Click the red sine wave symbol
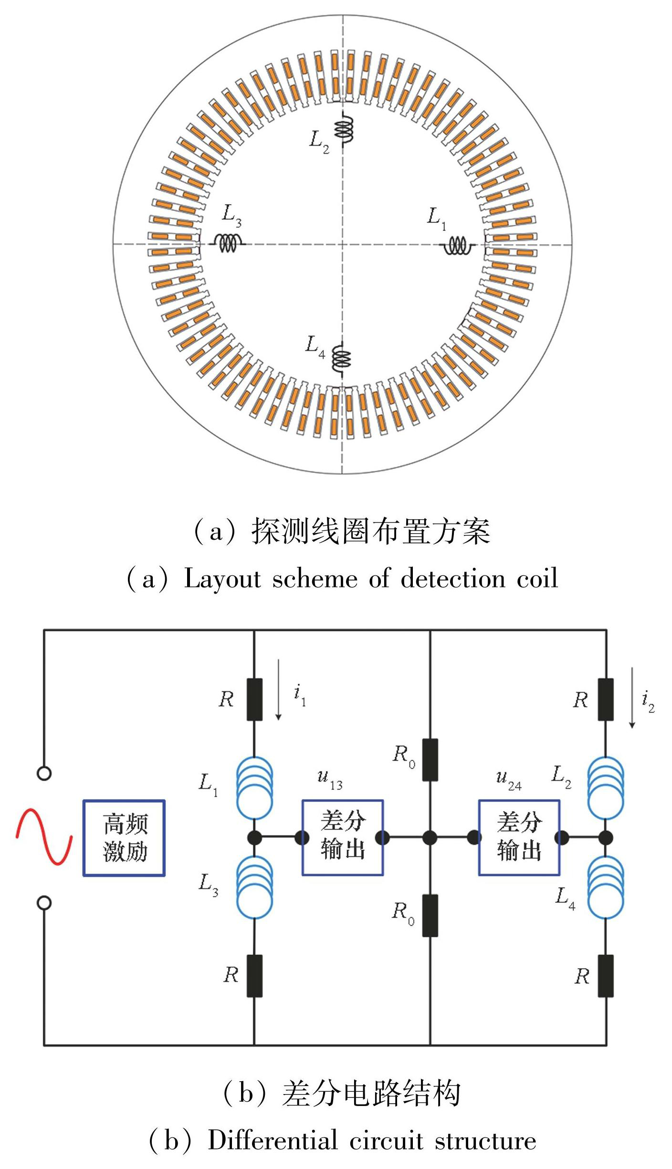tap(44, 836)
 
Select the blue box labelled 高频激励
tap(124, 838)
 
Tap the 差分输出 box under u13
tap(343, 837)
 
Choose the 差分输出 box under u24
tap(519, 837)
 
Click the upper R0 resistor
tap(430, 760)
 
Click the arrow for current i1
tap(279, 689)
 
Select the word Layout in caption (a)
tap(222, 579)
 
